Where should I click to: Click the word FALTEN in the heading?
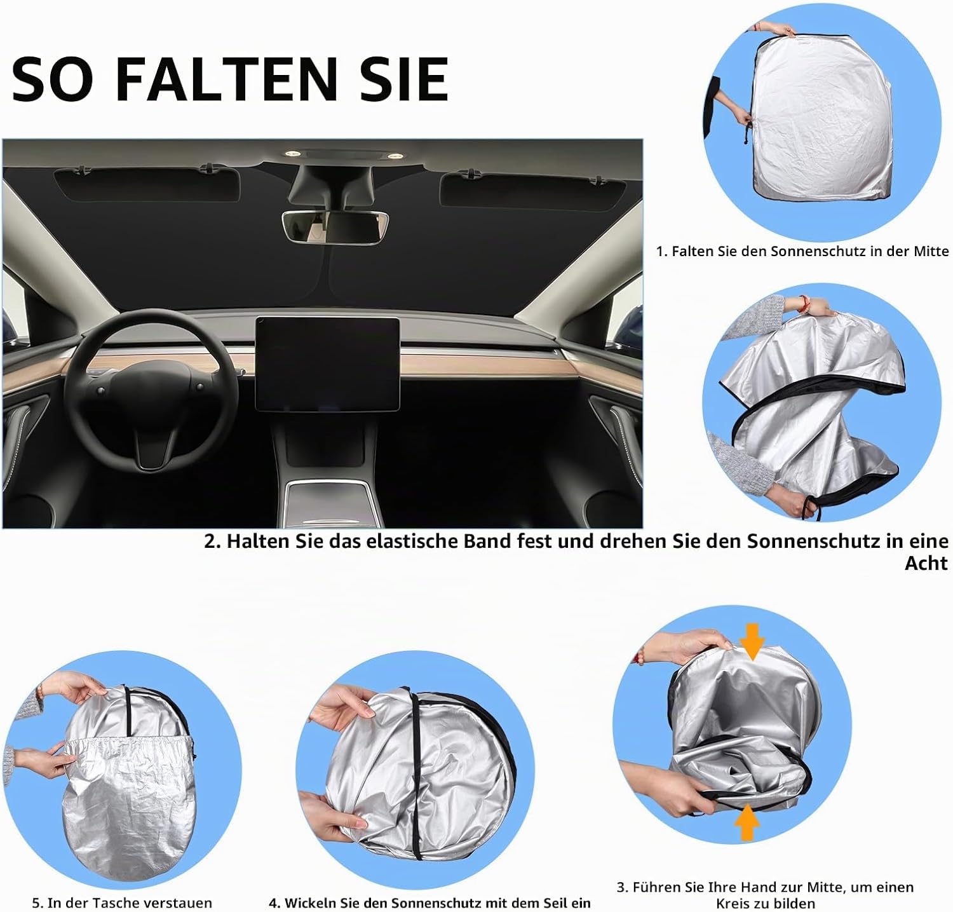pos(226,79)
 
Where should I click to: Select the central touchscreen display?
pos(328,364)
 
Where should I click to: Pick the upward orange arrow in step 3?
pos(748,823)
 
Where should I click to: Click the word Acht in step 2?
pos(926,563)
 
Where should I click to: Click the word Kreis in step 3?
pos(733,904)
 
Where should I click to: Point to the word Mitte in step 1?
pos(931,252)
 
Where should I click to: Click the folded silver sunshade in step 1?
pos(820,111)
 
